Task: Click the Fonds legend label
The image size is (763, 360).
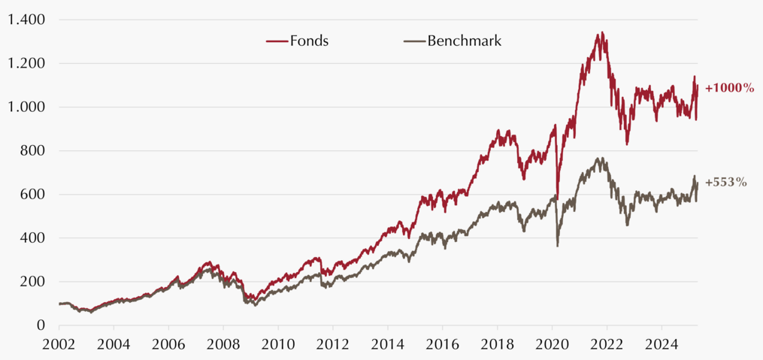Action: tap(309, 41)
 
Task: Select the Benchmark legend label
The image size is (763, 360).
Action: tap(465, 41)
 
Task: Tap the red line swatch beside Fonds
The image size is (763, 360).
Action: tap(277, 41)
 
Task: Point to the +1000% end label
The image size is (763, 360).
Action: tap(729, 89)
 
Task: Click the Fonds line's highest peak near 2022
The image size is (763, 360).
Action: tap(602, 32)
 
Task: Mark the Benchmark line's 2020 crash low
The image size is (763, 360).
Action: tap(557, 246)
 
